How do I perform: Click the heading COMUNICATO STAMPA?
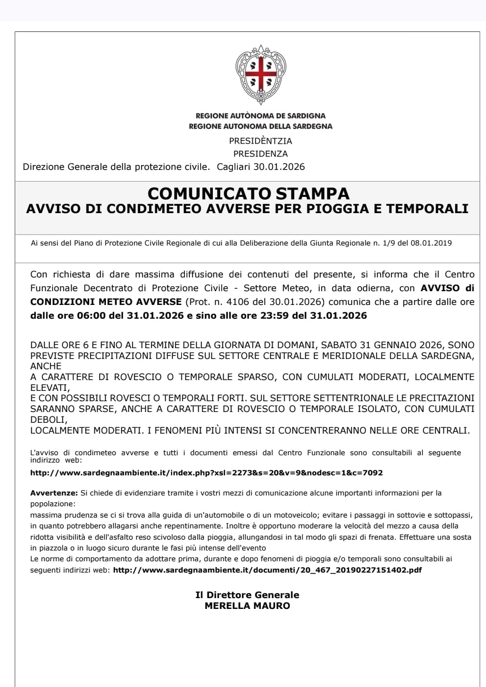coord(248,193)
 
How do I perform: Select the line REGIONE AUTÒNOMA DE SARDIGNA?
coord(260,116)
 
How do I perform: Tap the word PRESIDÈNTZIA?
coord(260,141)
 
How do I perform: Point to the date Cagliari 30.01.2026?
coord(261,167)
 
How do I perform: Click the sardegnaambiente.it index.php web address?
coord(206,473)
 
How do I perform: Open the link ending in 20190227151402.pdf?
coord(267,570)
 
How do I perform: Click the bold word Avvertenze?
coord(54,493)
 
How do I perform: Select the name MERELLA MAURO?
coord(247,606)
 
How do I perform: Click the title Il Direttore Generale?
coord(247,595)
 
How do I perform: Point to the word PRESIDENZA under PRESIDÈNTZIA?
coord(260,154)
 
